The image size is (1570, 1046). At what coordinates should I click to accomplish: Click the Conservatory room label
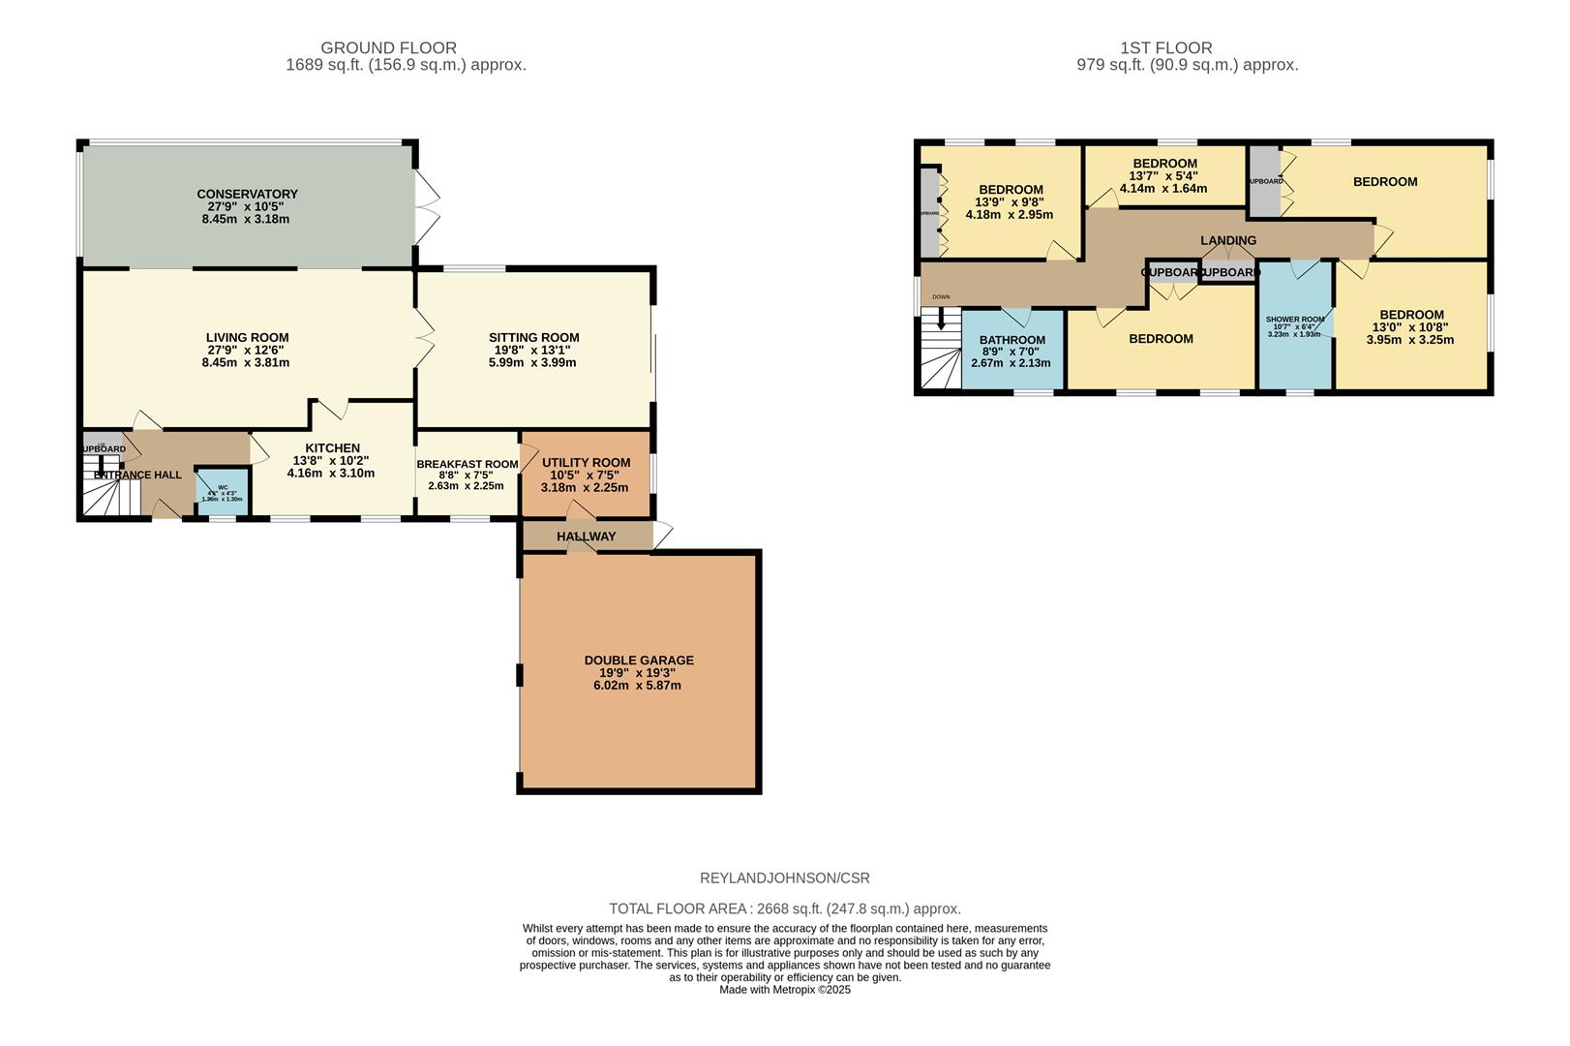[x=247, y=194]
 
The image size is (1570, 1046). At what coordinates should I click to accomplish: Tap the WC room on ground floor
[x=223, y=492]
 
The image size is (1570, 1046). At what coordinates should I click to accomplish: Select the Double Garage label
[x=639, y=661]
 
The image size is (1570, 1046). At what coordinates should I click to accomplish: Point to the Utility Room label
[x=586, y=462]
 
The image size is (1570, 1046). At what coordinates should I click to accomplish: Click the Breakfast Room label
[x=467, y=464]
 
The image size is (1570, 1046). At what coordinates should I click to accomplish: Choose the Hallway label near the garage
[x=586, y=537]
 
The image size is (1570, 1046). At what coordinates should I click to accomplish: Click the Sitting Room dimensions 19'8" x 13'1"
[x=533, y=351]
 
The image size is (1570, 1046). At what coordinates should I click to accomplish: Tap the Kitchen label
[x=332, y=447]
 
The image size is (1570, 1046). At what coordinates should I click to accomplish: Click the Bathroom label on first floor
[x=1011, y=340]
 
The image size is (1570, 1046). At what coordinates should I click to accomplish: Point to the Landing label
[x=1227, y=240]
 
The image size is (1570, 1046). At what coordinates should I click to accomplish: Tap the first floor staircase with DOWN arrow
[x=938, y=349]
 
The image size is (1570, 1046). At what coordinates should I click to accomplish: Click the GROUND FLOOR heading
[x=388, y=47]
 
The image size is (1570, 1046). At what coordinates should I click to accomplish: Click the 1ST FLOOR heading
[x=1165, y=47]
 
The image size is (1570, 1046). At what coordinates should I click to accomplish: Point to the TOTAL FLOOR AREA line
[x=784, y=908]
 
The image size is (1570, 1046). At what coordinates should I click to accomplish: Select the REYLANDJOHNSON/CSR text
[x=784, y=878]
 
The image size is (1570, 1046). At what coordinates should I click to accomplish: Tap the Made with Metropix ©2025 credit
[x=784, y=990]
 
